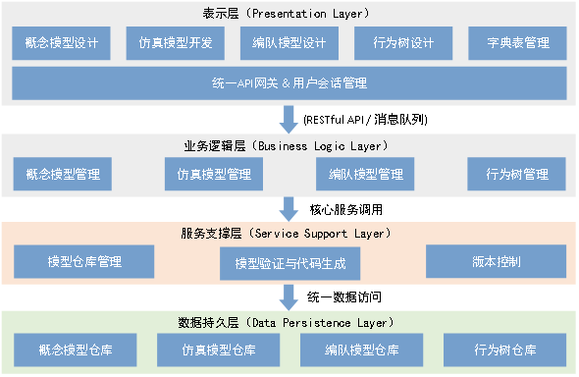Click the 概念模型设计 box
[63, 43]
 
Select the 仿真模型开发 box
[176, 43]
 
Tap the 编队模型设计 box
[289, 43]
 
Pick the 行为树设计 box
[402, 43]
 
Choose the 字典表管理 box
[516, 43]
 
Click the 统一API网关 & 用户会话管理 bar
[289, 82]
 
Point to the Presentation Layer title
[289, 12]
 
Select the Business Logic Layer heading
[289, 145]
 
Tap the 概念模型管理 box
[63, 175]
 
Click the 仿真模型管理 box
[214, 175]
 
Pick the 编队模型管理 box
[365, 175]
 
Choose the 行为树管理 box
[516, 175]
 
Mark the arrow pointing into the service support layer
[289, 208]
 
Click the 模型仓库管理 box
[84, 261]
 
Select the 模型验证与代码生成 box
[289, 263]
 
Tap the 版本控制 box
[496, 261]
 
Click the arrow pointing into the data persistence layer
[289, 296]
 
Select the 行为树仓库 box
[504, 350]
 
